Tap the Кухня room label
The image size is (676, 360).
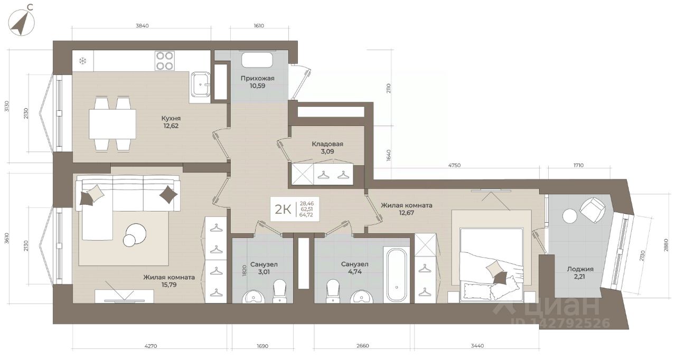(x=171, y=118)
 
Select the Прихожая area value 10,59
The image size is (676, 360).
(x=257, y=86)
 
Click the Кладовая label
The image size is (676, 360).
(x=327, y=144)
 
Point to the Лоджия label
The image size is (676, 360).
(x=580, y=269)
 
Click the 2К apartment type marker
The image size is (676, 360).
(x=283, y=209)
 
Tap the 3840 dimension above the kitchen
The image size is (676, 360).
(x=142, y=26)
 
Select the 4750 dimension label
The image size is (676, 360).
(x=454, y=165)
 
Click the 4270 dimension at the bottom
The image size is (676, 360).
(x=151, y=346)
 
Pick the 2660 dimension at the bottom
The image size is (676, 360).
(x=362, y=346)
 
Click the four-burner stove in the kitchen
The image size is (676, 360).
(x=165, y=61)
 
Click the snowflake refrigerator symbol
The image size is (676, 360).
(x=83, y=61)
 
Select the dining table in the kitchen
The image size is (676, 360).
(x=112, y=124)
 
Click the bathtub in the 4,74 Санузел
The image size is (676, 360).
(x=397, y=274)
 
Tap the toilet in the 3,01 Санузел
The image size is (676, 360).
(x=279, y=291)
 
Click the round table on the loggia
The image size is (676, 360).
(x=570, y=216)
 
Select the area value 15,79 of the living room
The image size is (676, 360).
(x=168, y=285)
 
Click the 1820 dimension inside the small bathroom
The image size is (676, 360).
(x=245, y=270)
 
